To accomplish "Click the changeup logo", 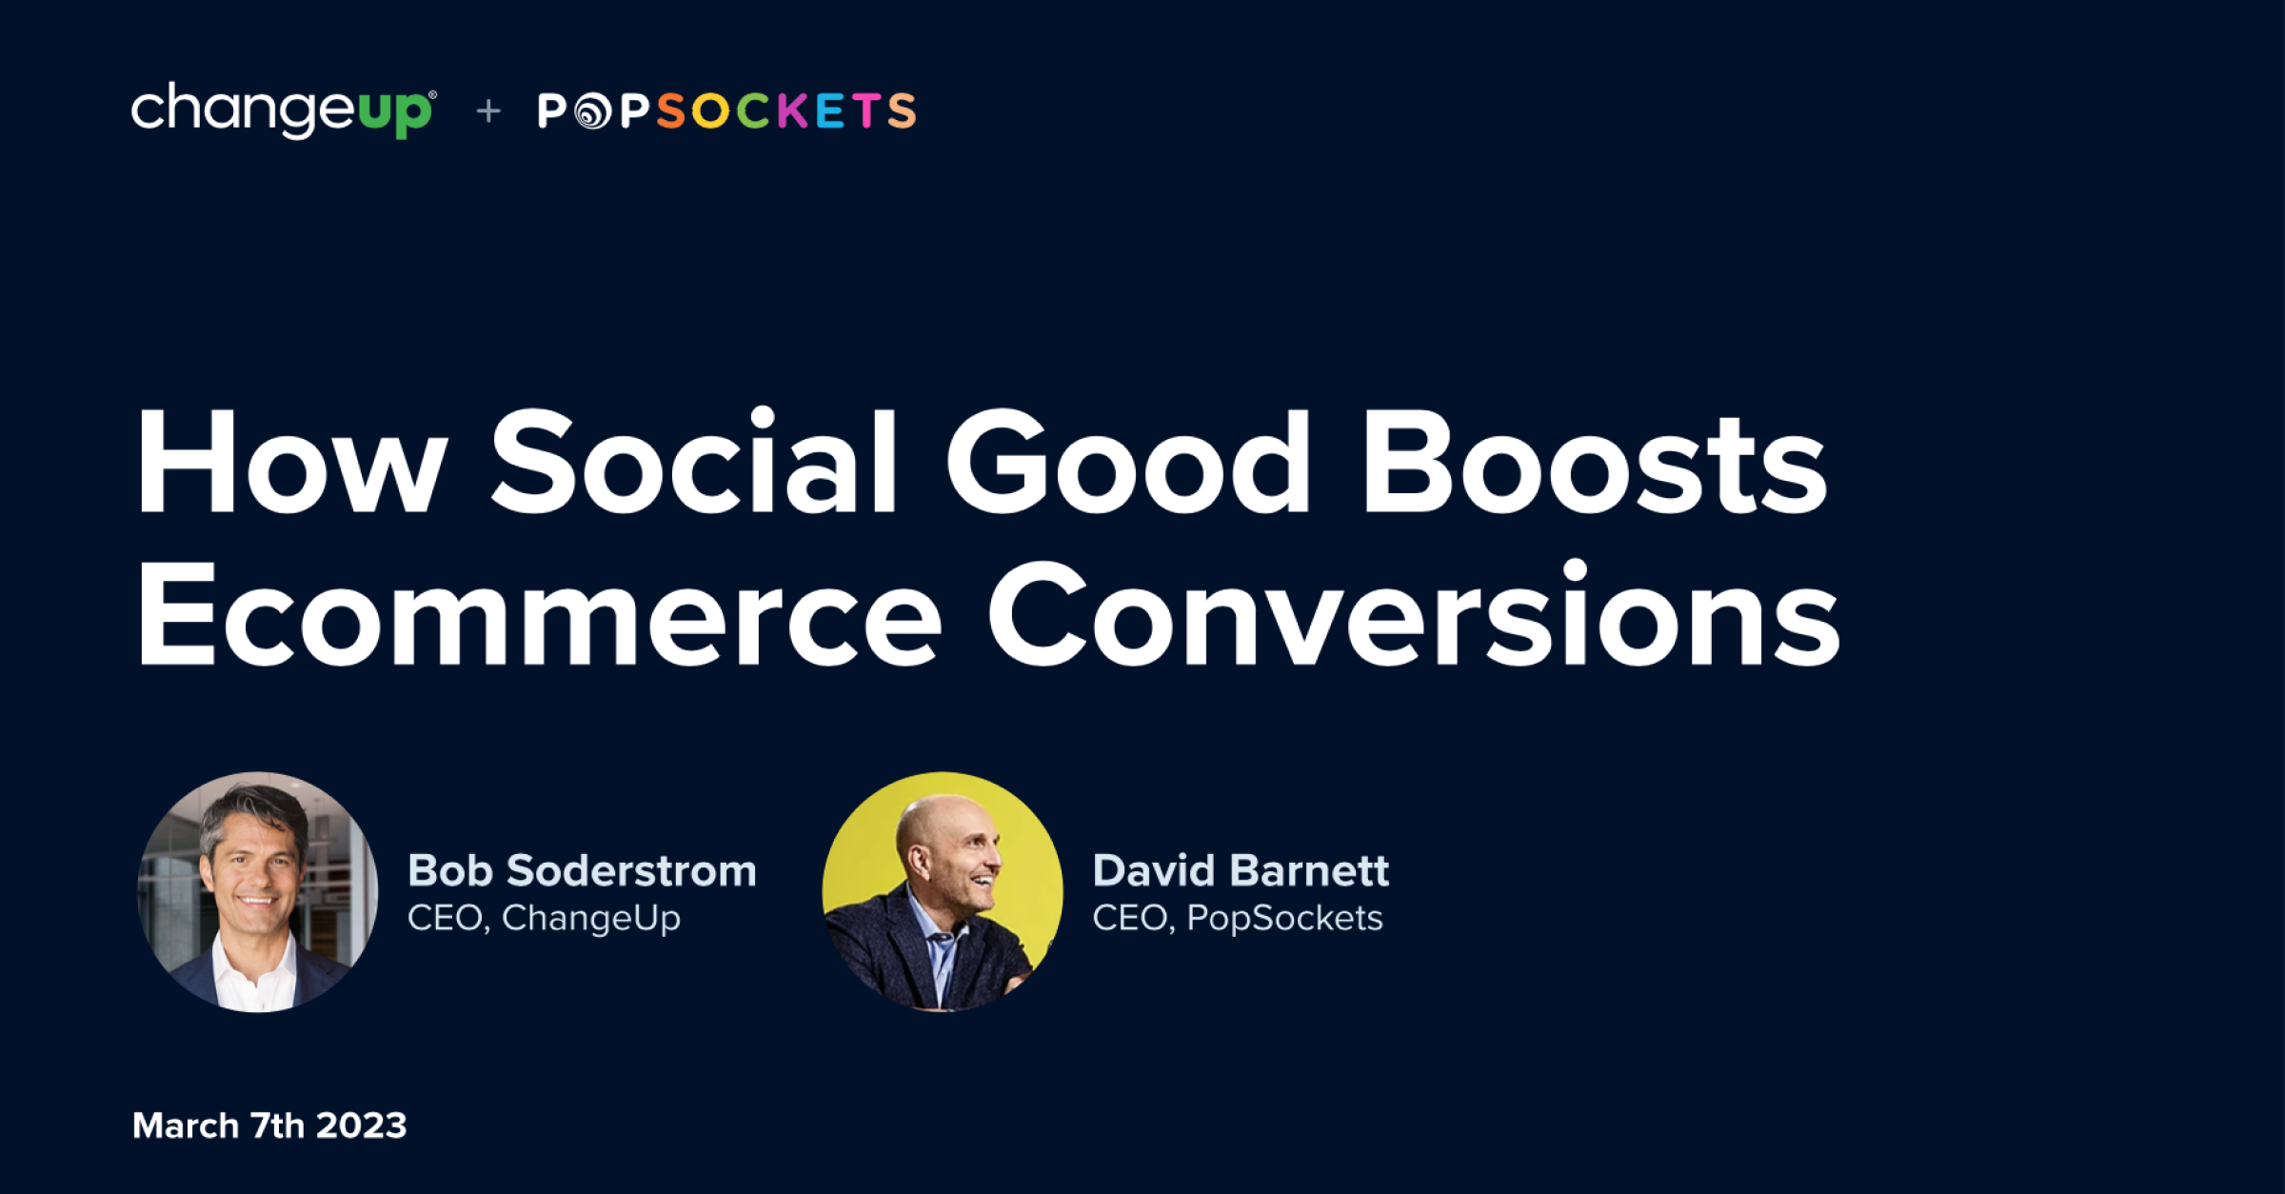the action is pos(284,110).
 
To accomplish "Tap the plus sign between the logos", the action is pos(488,111).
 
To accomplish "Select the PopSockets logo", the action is pos(727,110).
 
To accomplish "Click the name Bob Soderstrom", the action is pos(582,871).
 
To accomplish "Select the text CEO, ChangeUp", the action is pos(544,919).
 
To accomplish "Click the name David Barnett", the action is pos(1241,871).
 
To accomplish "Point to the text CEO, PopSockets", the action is pos(1238,919).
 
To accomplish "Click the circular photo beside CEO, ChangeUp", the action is pos(258,892).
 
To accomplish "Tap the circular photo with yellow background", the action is pos(943,892).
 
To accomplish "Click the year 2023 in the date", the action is pos(362,1125).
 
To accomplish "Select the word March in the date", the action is pos(186,1125).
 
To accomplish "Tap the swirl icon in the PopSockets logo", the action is pos(593,111).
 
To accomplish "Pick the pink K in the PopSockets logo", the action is pos(793,110).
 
